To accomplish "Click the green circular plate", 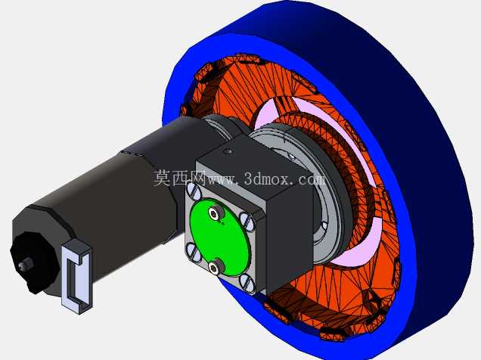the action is pos(220,236).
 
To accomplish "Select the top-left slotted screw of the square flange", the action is pos(194,191).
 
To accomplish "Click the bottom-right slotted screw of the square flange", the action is pos(247,282).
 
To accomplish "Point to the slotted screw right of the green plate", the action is pos(247,222).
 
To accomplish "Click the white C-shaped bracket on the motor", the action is pos(76,275).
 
